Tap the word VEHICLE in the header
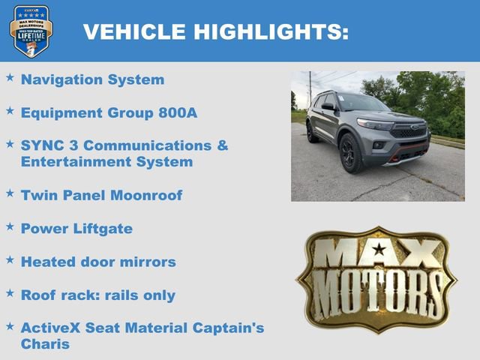[x=133, y=31]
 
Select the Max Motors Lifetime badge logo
[x=31, y=31]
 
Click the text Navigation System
[x=92, y=79]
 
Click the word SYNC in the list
[x=42, y=145]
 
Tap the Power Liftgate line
[x=76, y=229]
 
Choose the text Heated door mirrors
[x=98, y=262]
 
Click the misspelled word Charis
[x=45, y=344]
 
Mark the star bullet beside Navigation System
[x=10, y=77]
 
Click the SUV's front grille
[x=409, y=130]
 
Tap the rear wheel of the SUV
[x=311, y=131]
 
